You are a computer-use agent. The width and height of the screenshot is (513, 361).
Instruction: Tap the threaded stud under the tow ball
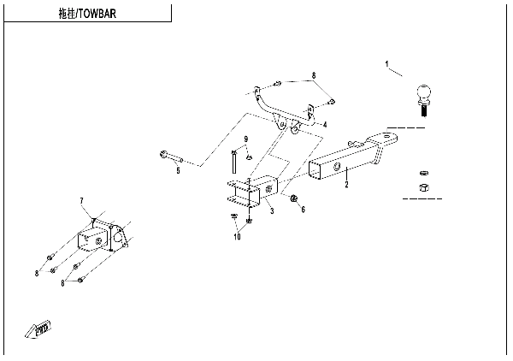point(422,109)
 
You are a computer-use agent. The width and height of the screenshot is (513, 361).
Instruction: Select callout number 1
point(386,64)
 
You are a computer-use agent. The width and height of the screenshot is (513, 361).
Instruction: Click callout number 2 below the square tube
point(346,184)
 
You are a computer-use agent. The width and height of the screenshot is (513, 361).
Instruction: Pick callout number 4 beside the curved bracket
point(326,124)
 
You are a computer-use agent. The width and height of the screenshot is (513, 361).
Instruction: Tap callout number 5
point(178,171)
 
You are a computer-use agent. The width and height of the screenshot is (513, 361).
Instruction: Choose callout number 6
point(303,209)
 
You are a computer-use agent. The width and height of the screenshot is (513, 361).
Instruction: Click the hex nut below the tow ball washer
point(422,186)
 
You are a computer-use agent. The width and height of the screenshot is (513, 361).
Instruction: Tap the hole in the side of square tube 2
point(338,166)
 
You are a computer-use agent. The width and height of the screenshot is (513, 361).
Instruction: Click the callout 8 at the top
point(313,76)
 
